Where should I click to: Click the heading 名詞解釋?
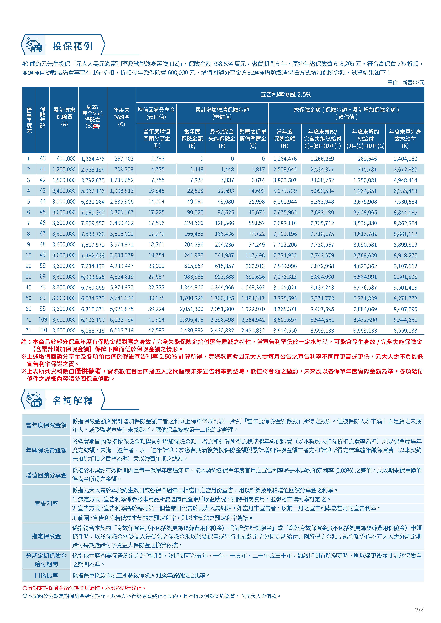click(x=73, y=400)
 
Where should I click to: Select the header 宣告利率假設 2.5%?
click(x=286, y=94)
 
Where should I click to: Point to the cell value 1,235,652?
click(x=122, y=180)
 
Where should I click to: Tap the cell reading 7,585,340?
click(x=93, y=212)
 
